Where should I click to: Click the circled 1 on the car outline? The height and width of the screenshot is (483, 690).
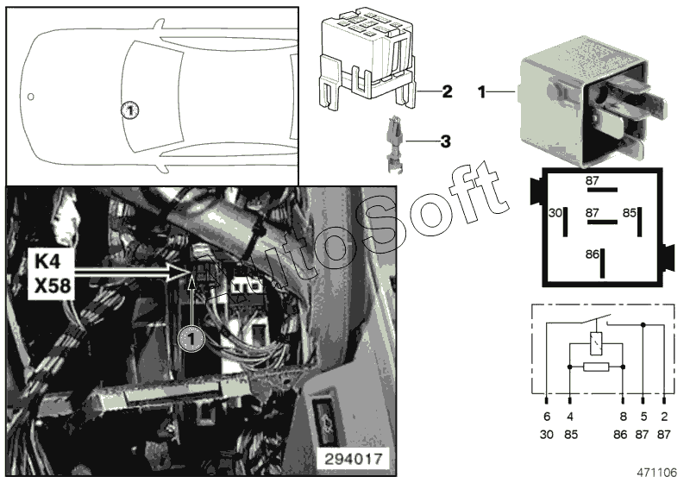point(129,110)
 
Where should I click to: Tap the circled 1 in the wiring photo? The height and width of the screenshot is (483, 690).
point(191,339)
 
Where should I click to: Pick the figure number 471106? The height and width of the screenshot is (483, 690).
point(659,474)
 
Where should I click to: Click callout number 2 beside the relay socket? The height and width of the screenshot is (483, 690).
point(447,91)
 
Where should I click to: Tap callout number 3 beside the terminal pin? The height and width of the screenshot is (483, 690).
point(445,140)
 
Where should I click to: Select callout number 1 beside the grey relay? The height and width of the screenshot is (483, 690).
point(483,91)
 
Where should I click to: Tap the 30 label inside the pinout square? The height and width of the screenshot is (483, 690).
point(556,211)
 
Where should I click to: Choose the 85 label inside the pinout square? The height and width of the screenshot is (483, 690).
point(630,211)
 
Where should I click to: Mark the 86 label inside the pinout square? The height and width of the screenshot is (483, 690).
point(591,255)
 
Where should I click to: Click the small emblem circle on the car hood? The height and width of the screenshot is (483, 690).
point(31,96)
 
